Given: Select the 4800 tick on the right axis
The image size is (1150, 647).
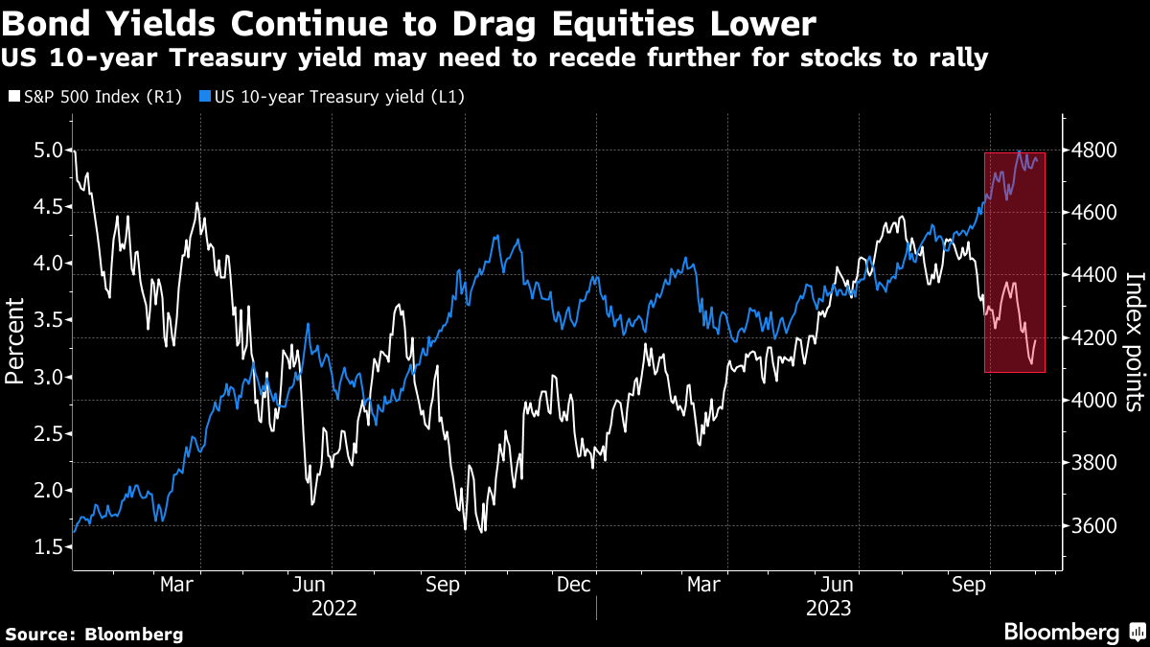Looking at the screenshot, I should pyautogui.click(x=1092, y=150).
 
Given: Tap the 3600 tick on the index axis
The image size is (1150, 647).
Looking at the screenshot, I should pyautogui.click(x=1092, y=526).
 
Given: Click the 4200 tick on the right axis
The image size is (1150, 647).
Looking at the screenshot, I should pyautogui.click(x=1092, y=338).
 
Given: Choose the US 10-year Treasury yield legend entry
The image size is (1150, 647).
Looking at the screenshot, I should pyautogui.click(x=335, y=97).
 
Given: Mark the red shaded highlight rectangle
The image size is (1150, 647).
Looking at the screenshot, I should pyautogui.click(x=1015, y=262).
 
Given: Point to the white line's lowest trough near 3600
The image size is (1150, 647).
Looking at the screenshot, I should pyautogui.click(x=466, y=529).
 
